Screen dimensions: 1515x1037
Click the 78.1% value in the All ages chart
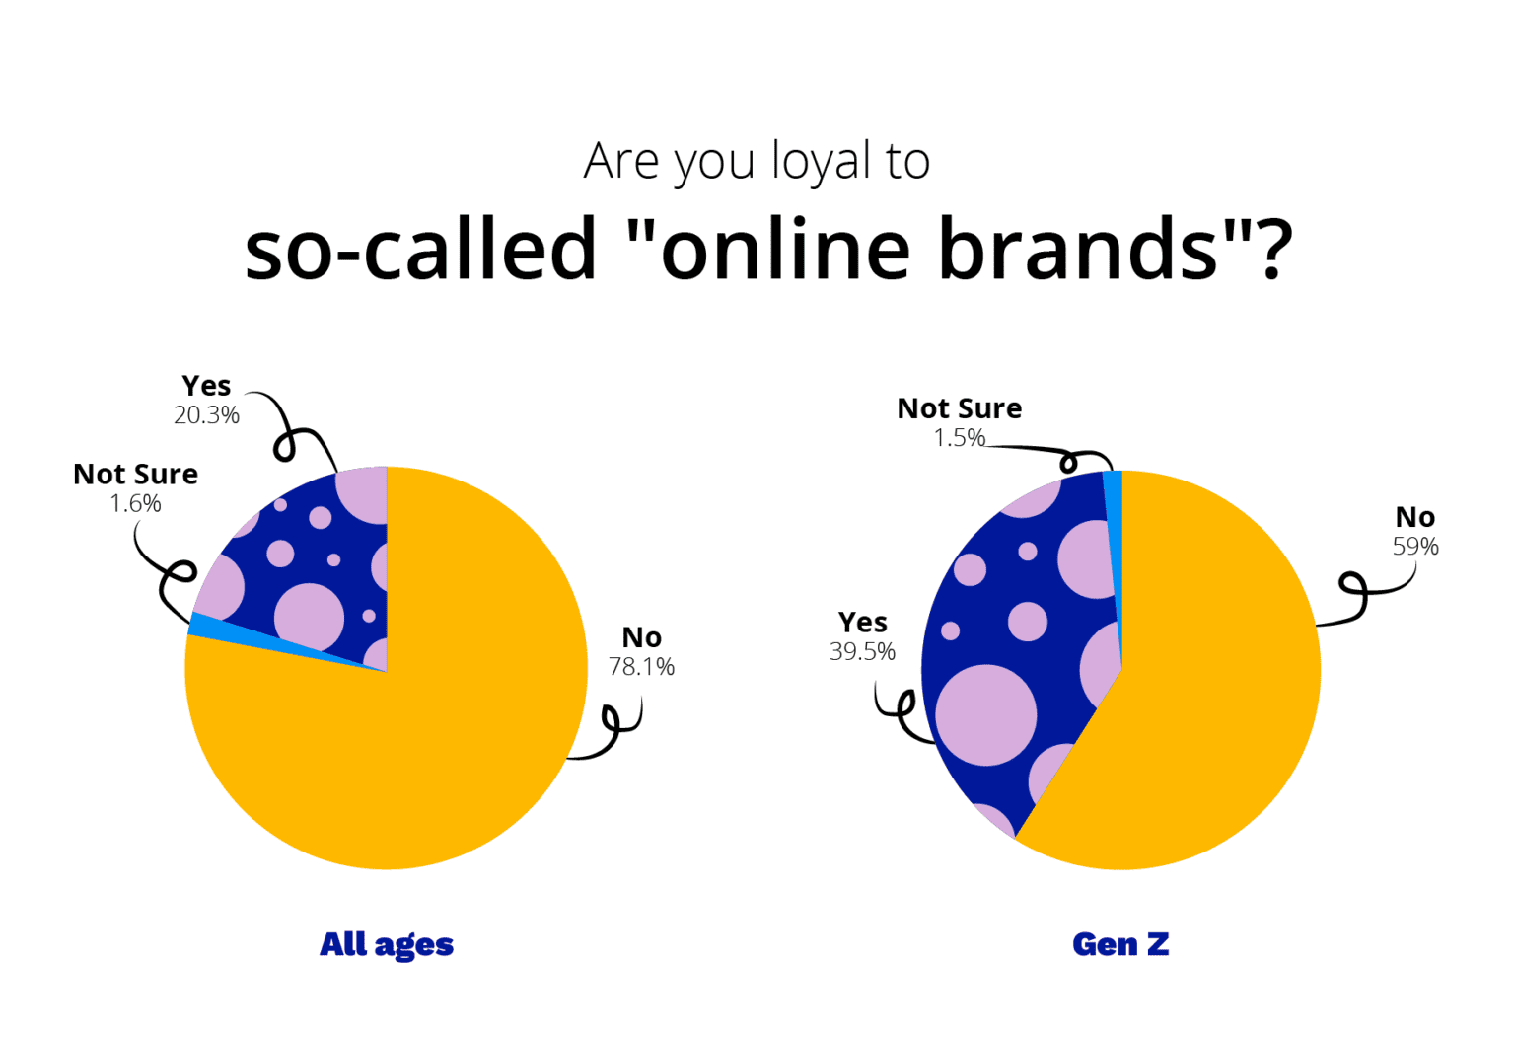click(x=641, y=667)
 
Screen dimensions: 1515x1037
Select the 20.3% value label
click(x=207, y=415)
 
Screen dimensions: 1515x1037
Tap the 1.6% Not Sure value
click(x=135, y=504)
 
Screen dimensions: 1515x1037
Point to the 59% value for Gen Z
click(x=1415, y=547)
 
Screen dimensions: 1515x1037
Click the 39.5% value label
click(x=862, y=652)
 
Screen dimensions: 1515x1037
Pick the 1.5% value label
click(x=959, y=438)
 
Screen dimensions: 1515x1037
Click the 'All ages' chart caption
click(x=387, y=945)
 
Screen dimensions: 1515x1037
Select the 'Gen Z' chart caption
click(x=1120, y=945)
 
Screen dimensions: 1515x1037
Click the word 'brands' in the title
click(x=1078, y=249)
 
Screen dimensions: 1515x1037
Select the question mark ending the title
click(x=1272, y=249)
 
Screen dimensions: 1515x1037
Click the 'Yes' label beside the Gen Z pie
click(x=862, y=623)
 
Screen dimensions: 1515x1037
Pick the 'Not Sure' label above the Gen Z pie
click(x=959, y=408)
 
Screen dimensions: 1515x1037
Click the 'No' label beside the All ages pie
click(x=641, y=638)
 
